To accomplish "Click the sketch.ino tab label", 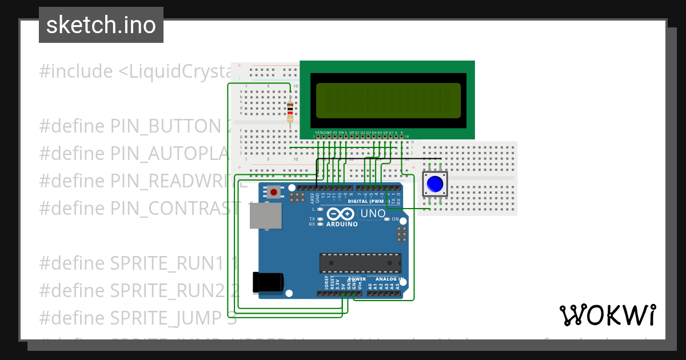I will point(101,25).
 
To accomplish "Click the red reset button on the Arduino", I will point(274,192).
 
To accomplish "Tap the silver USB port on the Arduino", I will point(265,215).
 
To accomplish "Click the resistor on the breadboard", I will point(290,110).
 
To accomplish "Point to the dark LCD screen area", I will point(388,101).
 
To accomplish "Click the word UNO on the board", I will point(372,214).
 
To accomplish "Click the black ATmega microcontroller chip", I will point(360,263).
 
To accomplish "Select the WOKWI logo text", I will point(607,315).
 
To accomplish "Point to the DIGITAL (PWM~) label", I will point(366,201).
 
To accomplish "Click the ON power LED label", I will point(395,219).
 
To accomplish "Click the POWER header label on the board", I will point(357,279).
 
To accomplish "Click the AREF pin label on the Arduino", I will point(312,198).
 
